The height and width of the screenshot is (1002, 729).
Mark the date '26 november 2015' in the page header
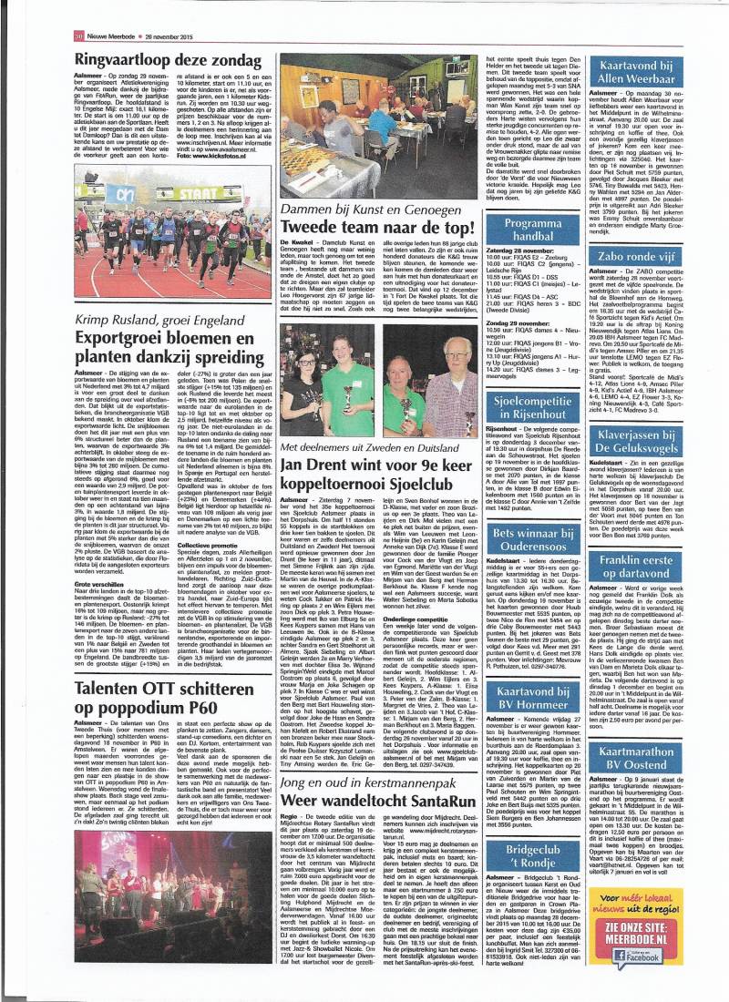point(112,11)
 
